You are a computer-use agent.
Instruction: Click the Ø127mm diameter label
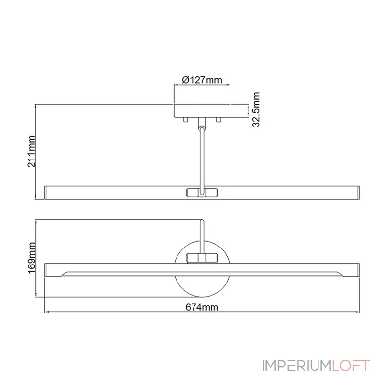pyautogui.click(x=202, y=80)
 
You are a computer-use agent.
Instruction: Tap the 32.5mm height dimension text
pyautogui.click(x=256, y=110)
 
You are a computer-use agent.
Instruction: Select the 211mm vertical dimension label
pyautogui.click(x=32, y=151)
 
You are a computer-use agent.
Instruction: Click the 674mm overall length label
pyautogui.click(x=201, y=306)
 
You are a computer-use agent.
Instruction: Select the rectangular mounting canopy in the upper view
pyautogui.click(x=202, y=110)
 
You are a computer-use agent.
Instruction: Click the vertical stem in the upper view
pyautogui.click(x=201, y=156)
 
